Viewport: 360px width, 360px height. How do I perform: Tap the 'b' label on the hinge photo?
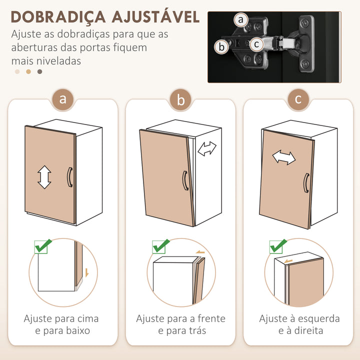[x=221, y=47]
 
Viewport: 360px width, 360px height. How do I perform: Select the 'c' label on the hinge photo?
[x=256, y=44]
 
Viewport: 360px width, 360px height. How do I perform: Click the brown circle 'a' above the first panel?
[x=62, y=99]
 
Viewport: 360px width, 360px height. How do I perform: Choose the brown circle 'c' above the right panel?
[x=298, y=99]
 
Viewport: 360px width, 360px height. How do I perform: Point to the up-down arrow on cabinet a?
[x=44, y=177]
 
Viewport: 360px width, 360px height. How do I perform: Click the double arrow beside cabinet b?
[x=207, y=148]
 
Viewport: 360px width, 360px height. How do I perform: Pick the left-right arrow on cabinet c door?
[x=283, y=158]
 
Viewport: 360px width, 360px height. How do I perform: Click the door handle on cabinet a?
[x=70, y=177]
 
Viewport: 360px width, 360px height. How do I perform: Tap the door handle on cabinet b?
[x=185, y=180]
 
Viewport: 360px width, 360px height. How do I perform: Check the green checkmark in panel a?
[x=43, y=246]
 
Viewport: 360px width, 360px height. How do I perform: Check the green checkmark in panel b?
[x=160, y=246]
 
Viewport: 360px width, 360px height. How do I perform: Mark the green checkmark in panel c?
[x=277, y=245]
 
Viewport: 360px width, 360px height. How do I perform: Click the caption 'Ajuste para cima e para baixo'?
[x=61, y=324]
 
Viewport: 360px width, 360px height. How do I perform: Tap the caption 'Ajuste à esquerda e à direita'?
[x=299, y=324]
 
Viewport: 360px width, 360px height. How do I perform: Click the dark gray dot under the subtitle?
[x=40, y=71]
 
